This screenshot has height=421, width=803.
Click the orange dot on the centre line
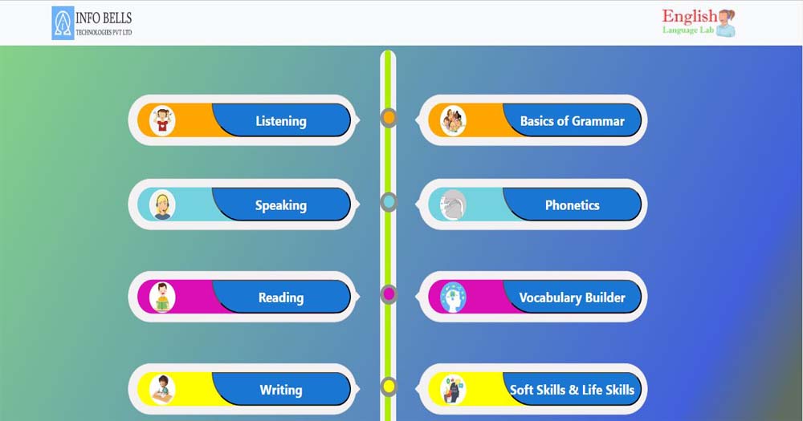[x=389, y=118]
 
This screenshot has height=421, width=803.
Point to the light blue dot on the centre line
[x=389, y=202]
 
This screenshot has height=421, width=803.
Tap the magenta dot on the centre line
[x=389, y=294]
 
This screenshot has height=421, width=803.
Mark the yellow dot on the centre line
[x=389, y=387]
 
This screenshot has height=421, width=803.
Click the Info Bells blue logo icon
[x=63, y=23]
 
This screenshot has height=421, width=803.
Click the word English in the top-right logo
[x=689, y=16]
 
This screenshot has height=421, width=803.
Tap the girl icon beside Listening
[x=162, y=121]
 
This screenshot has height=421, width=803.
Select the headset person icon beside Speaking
[x=162, y=205]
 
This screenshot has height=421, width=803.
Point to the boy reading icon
[x=162, y=298]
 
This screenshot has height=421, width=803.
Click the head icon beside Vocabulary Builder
[x=453, y=298]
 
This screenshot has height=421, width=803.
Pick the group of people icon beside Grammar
[x=453, y=121]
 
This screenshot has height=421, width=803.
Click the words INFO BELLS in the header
[x=104, y=18]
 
